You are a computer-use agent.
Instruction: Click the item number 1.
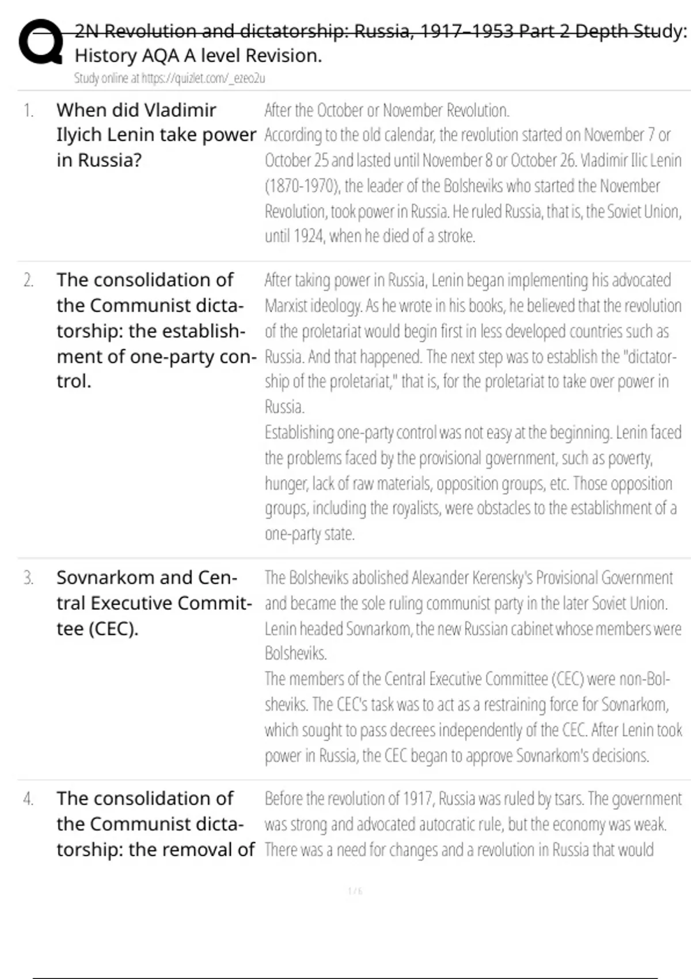pyautogui.click(x=28, y=110)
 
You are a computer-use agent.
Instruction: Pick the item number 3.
pyautogui.click(x=28, y=578)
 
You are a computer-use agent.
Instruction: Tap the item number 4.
pyautogui.click(x=28, y=799)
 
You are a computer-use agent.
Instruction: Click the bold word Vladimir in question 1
pyautogui.click(x=180, y=110)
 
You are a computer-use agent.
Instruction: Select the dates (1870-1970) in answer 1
pyautogui.click(x=301, y=186)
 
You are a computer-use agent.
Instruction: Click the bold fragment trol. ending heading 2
pyautogui.click(x=74, y=381)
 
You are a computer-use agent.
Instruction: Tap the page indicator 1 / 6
pyautogui.click(x=355, y=891)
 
